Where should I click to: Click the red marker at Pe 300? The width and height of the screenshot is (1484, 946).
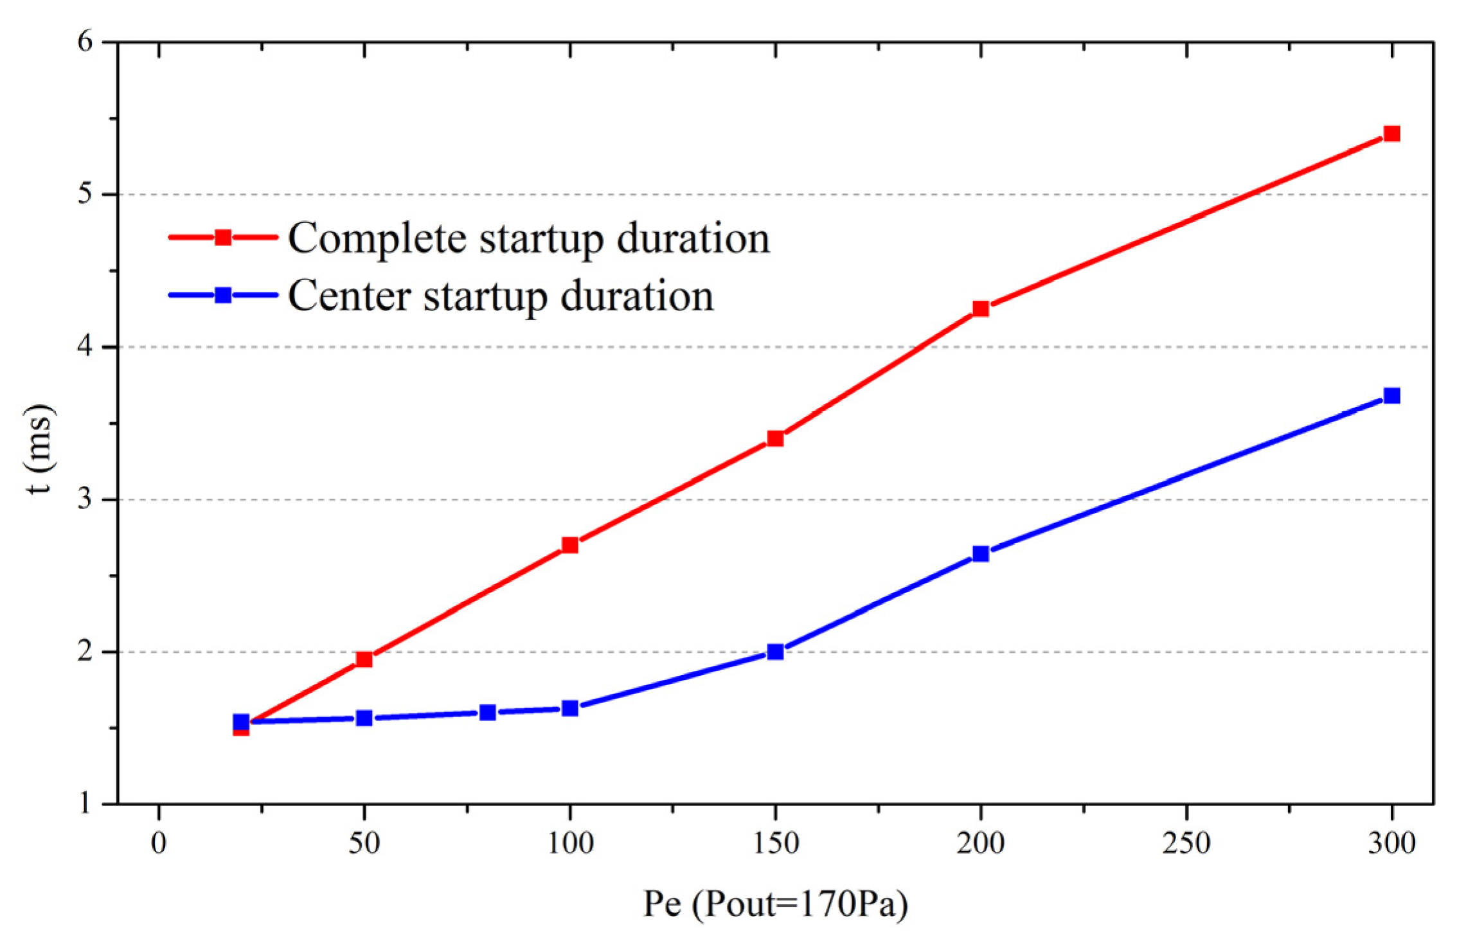1391,134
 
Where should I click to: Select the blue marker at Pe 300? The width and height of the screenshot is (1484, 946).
1391,395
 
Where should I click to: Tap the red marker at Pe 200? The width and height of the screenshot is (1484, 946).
981,308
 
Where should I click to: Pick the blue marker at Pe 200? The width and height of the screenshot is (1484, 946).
981,553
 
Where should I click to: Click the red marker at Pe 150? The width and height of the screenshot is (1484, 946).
776,438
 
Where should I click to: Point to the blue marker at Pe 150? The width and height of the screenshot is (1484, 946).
776,652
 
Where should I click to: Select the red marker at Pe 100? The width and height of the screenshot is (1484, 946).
570,545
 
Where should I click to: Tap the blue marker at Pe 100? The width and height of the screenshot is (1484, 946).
570,708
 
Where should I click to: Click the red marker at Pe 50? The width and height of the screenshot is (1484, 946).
364,659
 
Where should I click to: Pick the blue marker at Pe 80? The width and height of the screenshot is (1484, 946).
488,712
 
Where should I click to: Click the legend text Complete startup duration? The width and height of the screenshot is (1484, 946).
528,238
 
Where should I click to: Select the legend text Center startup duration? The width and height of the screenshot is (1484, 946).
501,296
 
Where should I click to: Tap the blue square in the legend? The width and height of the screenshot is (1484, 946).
223,295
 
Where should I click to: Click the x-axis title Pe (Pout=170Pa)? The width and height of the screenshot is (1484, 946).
776,904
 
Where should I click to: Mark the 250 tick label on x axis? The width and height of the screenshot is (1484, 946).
1186,843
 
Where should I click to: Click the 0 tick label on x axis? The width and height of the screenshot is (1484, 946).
159,843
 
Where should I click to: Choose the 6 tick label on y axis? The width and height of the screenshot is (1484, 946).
85,42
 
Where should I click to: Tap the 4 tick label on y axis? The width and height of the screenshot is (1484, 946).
85,347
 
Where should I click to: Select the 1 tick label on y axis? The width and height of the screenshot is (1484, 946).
85,803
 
